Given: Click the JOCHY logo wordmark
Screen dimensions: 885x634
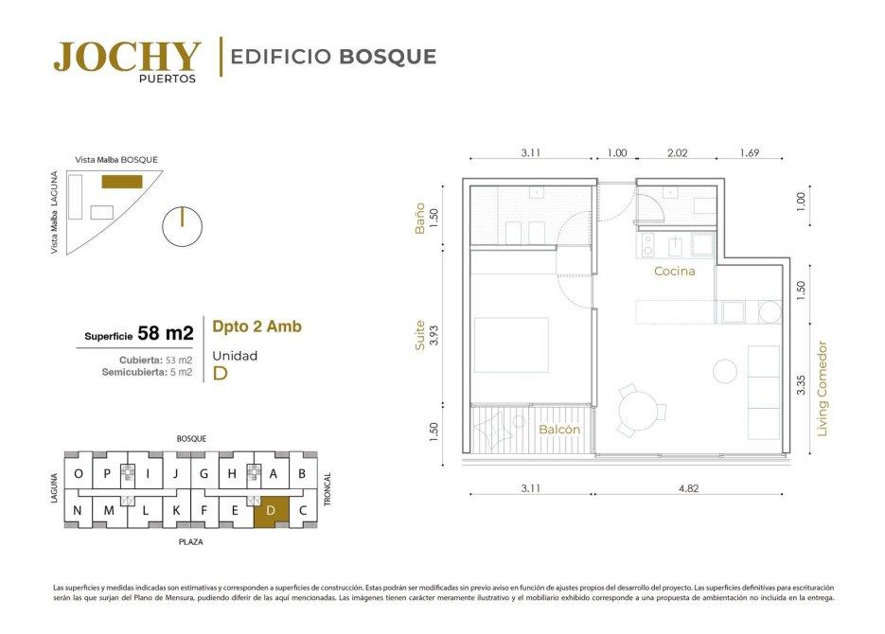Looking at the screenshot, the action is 127,57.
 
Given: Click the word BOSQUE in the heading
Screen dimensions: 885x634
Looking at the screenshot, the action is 388,57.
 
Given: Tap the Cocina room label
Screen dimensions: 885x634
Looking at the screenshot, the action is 675,271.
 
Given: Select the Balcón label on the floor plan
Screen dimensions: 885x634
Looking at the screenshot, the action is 559,430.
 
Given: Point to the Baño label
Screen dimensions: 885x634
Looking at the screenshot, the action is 419,219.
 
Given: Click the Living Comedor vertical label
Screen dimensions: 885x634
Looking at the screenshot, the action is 822,389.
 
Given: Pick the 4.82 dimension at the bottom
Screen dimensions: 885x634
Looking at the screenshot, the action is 688,488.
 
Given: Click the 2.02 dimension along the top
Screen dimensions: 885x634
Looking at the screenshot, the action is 678,152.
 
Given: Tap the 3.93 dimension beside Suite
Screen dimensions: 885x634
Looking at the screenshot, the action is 434,335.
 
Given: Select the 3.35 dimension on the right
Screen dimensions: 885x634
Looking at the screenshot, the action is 801,385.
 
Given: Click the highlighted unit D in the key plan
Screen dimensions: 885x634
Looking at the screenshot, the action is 271,512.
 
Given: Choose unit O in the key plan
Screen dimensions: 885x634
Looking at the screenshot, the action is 79,473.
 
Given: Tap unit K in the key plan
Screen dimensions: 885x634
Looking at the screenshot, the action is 176,510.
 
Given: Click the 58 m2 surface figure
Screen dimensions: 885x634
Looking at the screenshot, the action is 166,333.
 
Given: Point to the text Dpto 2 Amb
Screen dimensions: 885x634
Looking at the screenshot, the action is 257,326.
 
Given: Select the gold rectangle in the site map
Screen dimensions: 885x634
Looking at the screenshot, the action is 122,182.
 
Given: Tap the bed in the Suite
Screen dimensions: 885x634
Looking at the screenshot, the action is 511,345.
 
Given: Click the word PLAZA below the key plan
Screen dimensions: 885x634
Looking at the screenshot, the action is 191,542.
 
